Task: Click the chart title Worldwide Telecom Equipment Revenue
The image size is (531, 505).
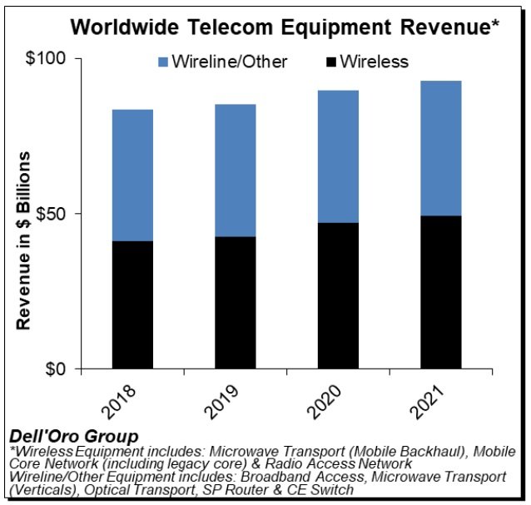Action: (x=284, y=26)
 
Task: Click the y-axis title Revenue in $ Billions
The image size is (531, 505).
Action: (x=24, y=241)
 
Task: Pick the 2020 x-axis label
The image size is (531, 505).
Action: (x=330, y=402)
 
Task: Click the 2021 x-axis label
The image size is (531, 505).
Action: (x=433, y=402)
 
